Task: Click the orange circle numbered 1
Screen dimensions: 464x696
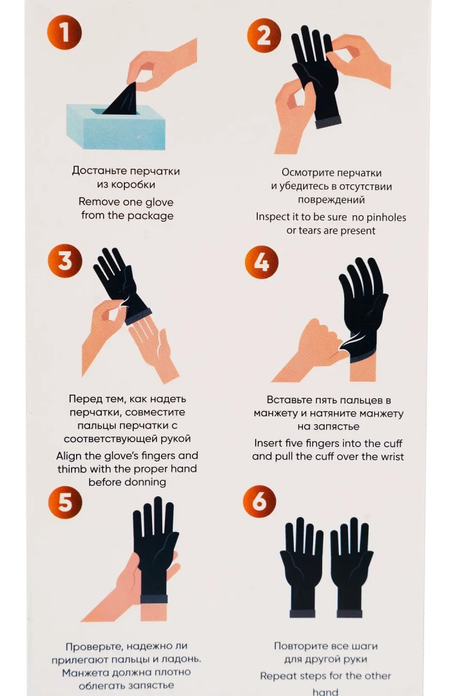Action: tap(64, 32)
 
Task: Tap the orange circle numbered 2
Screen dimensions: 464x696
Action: tap(264, 35)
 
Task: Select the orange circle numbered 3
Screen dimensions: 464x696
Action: tap(65, 260)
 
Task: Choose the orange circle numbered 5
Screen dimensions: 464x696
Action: tap(65, 502)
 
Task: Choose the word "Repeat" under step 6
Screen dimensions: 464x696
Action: tap(277, 676)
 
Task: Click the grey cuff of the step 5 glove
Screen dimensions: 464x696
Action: tap(153, 599)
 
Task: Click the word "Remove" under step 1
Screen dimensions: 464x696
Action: tap(99, 202)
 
